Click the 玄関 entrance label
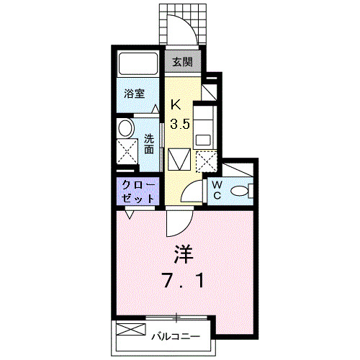[x=181, y=63]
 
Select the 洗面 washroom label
[x=148, y=144]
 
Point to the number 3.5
[x=180, y=123]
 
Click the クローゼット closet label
[x=137, y=191]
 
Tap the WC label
[x=217, y=191]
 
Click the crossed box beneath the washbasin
[x=128, y=153]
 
